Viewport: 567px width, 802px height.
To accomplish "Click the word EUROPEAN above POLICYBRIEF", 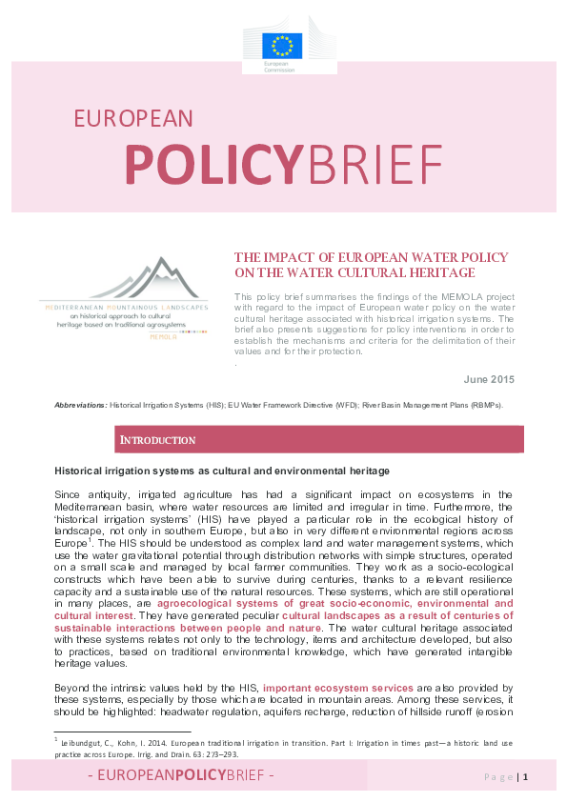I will point(133,117).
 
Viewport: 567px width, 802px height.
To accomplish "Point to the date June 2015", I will point(489,380).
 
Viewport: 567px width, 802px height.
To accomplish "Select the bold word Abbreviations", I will point(80,405).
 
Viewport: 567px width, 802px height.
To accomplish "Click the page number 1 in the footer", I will point(525,777).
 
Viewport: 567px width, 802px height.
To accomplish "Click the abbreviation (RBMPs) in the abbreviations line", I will point(479,405).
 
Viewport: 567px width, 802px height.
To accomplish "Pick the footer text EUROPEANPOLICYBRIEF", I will point(180,777).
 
